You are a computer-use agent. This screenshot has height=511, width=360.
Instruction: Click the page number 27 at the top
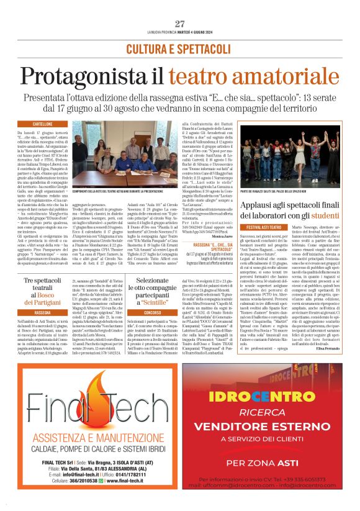coord(179,24)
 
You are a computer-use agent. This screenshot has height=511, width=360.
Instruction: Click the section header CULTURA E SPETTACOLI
coord(179,48)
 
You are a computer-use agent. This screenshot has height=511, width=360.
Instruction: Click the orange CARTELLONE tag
coord(43,124)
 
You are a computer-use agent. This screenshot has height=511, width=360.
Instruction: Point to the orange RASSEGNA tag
coord(43,312)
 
